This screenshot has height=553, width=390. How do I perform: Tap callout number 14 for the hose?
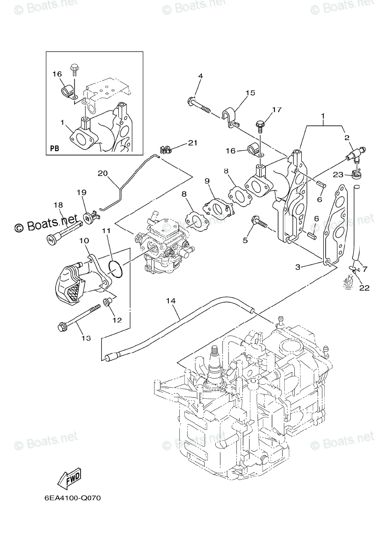pos(171,300)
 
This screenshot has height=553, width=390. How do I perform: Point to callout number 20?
pos(103,173)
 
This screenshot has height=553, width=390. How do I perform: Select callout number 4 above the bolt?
pos(201,76)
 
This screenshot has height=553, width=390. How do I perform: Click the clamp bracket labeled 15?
pos(230,118)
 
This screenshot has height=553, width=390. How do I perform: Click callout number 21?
pos(192,143)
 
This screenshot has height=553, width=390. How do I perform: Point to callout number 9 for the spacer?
pos(207,181)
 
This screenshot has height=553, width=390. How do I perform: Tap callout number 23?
pos(338,175)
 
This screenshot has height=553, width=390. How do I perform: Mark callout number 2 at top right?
pos(347,137)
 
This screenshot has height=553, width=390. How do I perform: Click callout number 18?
pos(58,206)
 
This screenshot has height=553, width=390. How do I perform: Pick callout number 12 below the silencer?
pos(117,320)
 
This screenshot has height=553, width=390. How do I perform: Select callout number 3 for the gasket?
pos(298,267)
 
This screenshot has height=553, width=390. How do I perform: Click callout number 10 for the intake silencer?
pos(84,240)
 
